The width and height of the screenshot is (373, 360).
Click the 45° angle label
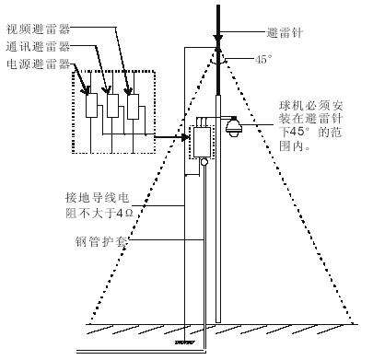point(262,58)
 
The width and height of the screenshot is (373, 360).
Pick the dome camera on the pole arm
point(232,128)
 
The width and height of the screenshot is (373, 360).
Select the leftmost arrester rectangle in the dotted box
point(91,107)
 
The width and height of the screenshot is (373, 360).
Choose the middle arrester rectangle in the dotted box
point(112,107)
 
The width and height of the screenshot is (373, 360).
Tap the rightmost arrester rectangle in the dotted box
point(134,107)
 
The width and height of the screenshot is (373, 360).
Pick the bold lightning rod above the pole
point(217,20)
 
